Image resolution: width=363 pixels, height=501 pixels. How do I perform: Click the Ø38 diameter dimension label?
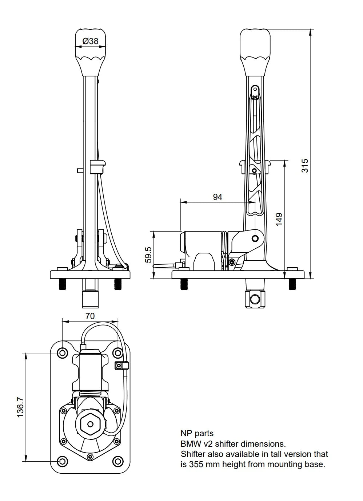(x=91, y=41)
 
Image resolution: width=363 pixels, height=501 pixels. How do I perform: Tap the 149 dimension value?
(x=279, y=220)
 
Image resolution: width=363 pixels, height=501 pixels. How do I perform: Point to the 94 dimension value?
(x=218, y=197)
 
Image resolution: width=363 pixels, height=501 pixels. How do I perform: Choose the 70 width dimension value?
(x=90, y=316)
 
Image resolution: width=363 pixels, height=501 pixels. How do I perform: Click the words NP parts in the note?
(x=197, y=433)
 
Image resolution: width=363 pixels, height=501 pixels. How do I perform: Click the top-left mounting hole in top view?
(x=63, y=353)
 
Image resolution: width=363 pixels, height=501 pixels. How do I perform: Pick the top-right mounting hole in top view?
(x=117, y=353)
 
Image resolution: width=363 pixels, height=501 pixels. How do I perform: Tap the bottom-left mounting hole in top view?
(x=63, y=461)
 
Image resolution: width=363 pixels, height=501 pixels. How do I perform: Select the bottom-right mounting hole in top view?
(x=117, y=461)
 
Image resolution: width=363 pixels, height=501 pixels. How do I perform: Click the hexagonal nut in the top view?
(x=90, y=424)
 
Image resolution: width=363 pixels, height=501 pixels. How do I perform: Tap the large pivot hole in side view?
(x=255, y=238)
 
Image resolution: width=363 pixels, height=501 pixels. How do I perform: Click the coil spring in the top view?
(x=90, y=393)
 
